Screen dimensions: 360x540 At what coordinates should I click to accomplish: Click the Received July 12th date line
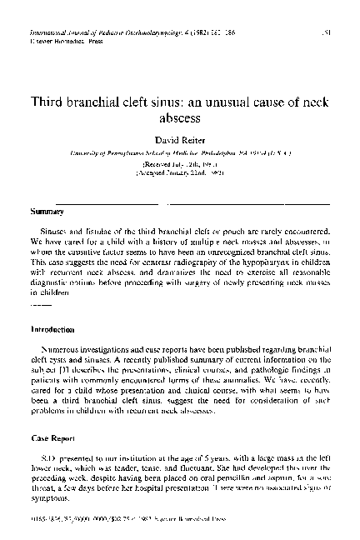181,166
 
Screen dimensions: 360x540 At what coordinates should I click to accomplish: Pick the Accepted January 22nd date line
181,176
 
